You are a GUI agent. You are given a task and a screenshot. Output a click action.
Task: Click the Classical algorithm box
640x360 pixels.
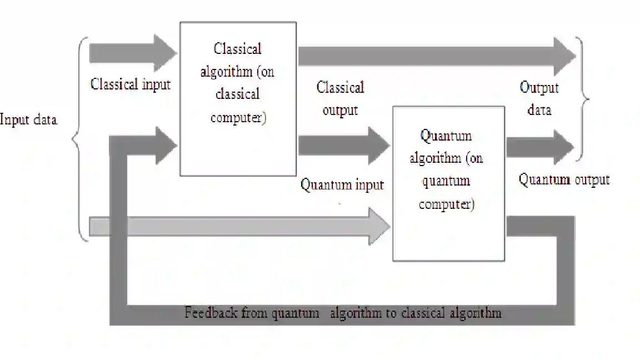pyautogui.click(x=237, y=99)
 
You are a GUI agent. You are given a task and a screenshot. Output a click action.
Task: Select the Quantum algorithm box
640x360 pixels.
pyautogui.click(x=448, y=183)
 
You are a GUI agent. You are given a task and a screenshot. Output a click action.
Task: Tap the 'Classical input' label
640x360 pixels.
pyautogui.click(x=131, y=84)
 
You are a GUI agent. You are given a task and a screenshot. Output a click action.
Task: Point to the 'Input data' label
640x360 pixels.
pyautogui.click(x=28, y=119)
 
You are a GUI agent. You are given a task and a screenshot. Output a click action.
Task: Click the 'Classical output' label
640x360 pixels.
pyautogui.click(x=340, y=98)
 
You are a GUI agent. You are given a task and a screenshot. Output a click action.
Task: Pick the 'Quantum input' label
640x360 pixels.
pyautogui.click(x=342, y=184)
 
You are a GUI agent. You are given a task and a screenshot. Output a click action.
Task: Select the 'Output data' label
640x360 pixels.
pyautogui.click(x=539, y=98)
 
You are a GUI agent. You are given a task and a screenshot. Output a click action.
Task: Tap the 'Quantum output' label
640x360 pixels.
pyautogui.click(x=564, y=179)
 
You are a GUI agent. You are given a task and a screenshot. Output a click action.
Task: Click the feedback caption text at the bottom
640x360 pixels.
pyautogui.click(x=343, y=313)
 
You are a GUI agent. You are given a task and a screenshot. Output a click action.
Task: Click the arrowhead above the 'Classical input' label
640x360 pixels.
pyautogui.click(x=166, y=53)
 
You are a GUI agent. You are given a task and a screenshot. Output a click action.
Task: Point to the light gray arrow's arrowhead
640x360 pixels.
pyautogui.click(x=380, y=227)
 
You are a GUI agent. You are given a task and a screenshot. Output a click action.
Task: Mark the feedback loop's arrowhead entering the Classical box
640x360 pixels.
pyautogui.click(x=166, y=146)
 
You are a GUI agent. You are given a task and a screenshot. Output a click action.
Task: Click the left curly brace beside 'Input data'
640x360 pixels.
pyautogui.click(x=81, y=139)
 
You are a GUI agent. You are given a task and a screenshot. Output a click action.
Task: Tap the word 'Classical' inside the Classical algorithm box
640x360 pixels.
pyautogui.click(x=237, y=49)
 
